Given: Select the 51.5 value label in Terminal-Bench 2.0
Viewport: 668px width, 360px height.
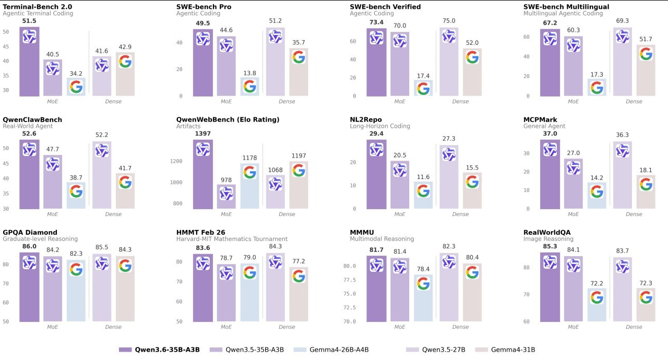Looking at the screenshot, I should click(x=29, y=20).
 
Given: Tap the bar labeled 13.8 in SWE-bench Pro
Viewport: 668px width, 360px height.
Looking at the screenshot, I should click(x=250, y=87).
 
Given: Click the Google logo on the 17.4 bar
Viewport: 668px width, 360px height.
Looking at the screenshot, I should click(x=423, y=88).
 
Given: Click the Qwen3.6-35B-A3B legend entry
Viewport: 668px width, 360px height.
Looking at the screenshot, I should click(x=159, y=350).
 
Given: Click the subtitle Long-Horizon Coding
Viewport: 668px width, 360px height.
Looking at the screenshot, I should click(x=380, y=126).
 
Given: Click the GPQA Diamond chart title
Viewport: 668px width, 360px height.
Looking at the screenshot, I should click(x=30, y=232).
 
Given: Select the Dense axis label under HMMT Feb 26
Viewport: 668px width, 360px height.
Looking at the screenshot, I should click(x=287, y=327).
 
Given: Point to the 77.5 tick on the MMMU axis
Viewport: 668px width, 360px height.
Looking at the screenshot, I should click(x=361, y=280).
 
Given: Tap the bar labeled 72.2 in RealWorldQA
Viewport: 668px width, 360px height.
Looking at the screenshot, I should click(x=597, y=305).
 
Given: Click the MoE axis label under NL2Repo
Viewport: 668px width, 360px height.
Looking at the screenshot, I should click(x=400, y=214).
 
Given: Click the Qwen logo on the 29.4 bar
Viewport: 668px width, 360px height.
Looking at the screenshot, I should click(x=376, y=150).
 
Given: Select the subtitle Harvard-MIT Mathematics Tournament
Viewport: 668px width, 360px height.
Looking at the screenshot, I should click(x=232, y=239).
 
